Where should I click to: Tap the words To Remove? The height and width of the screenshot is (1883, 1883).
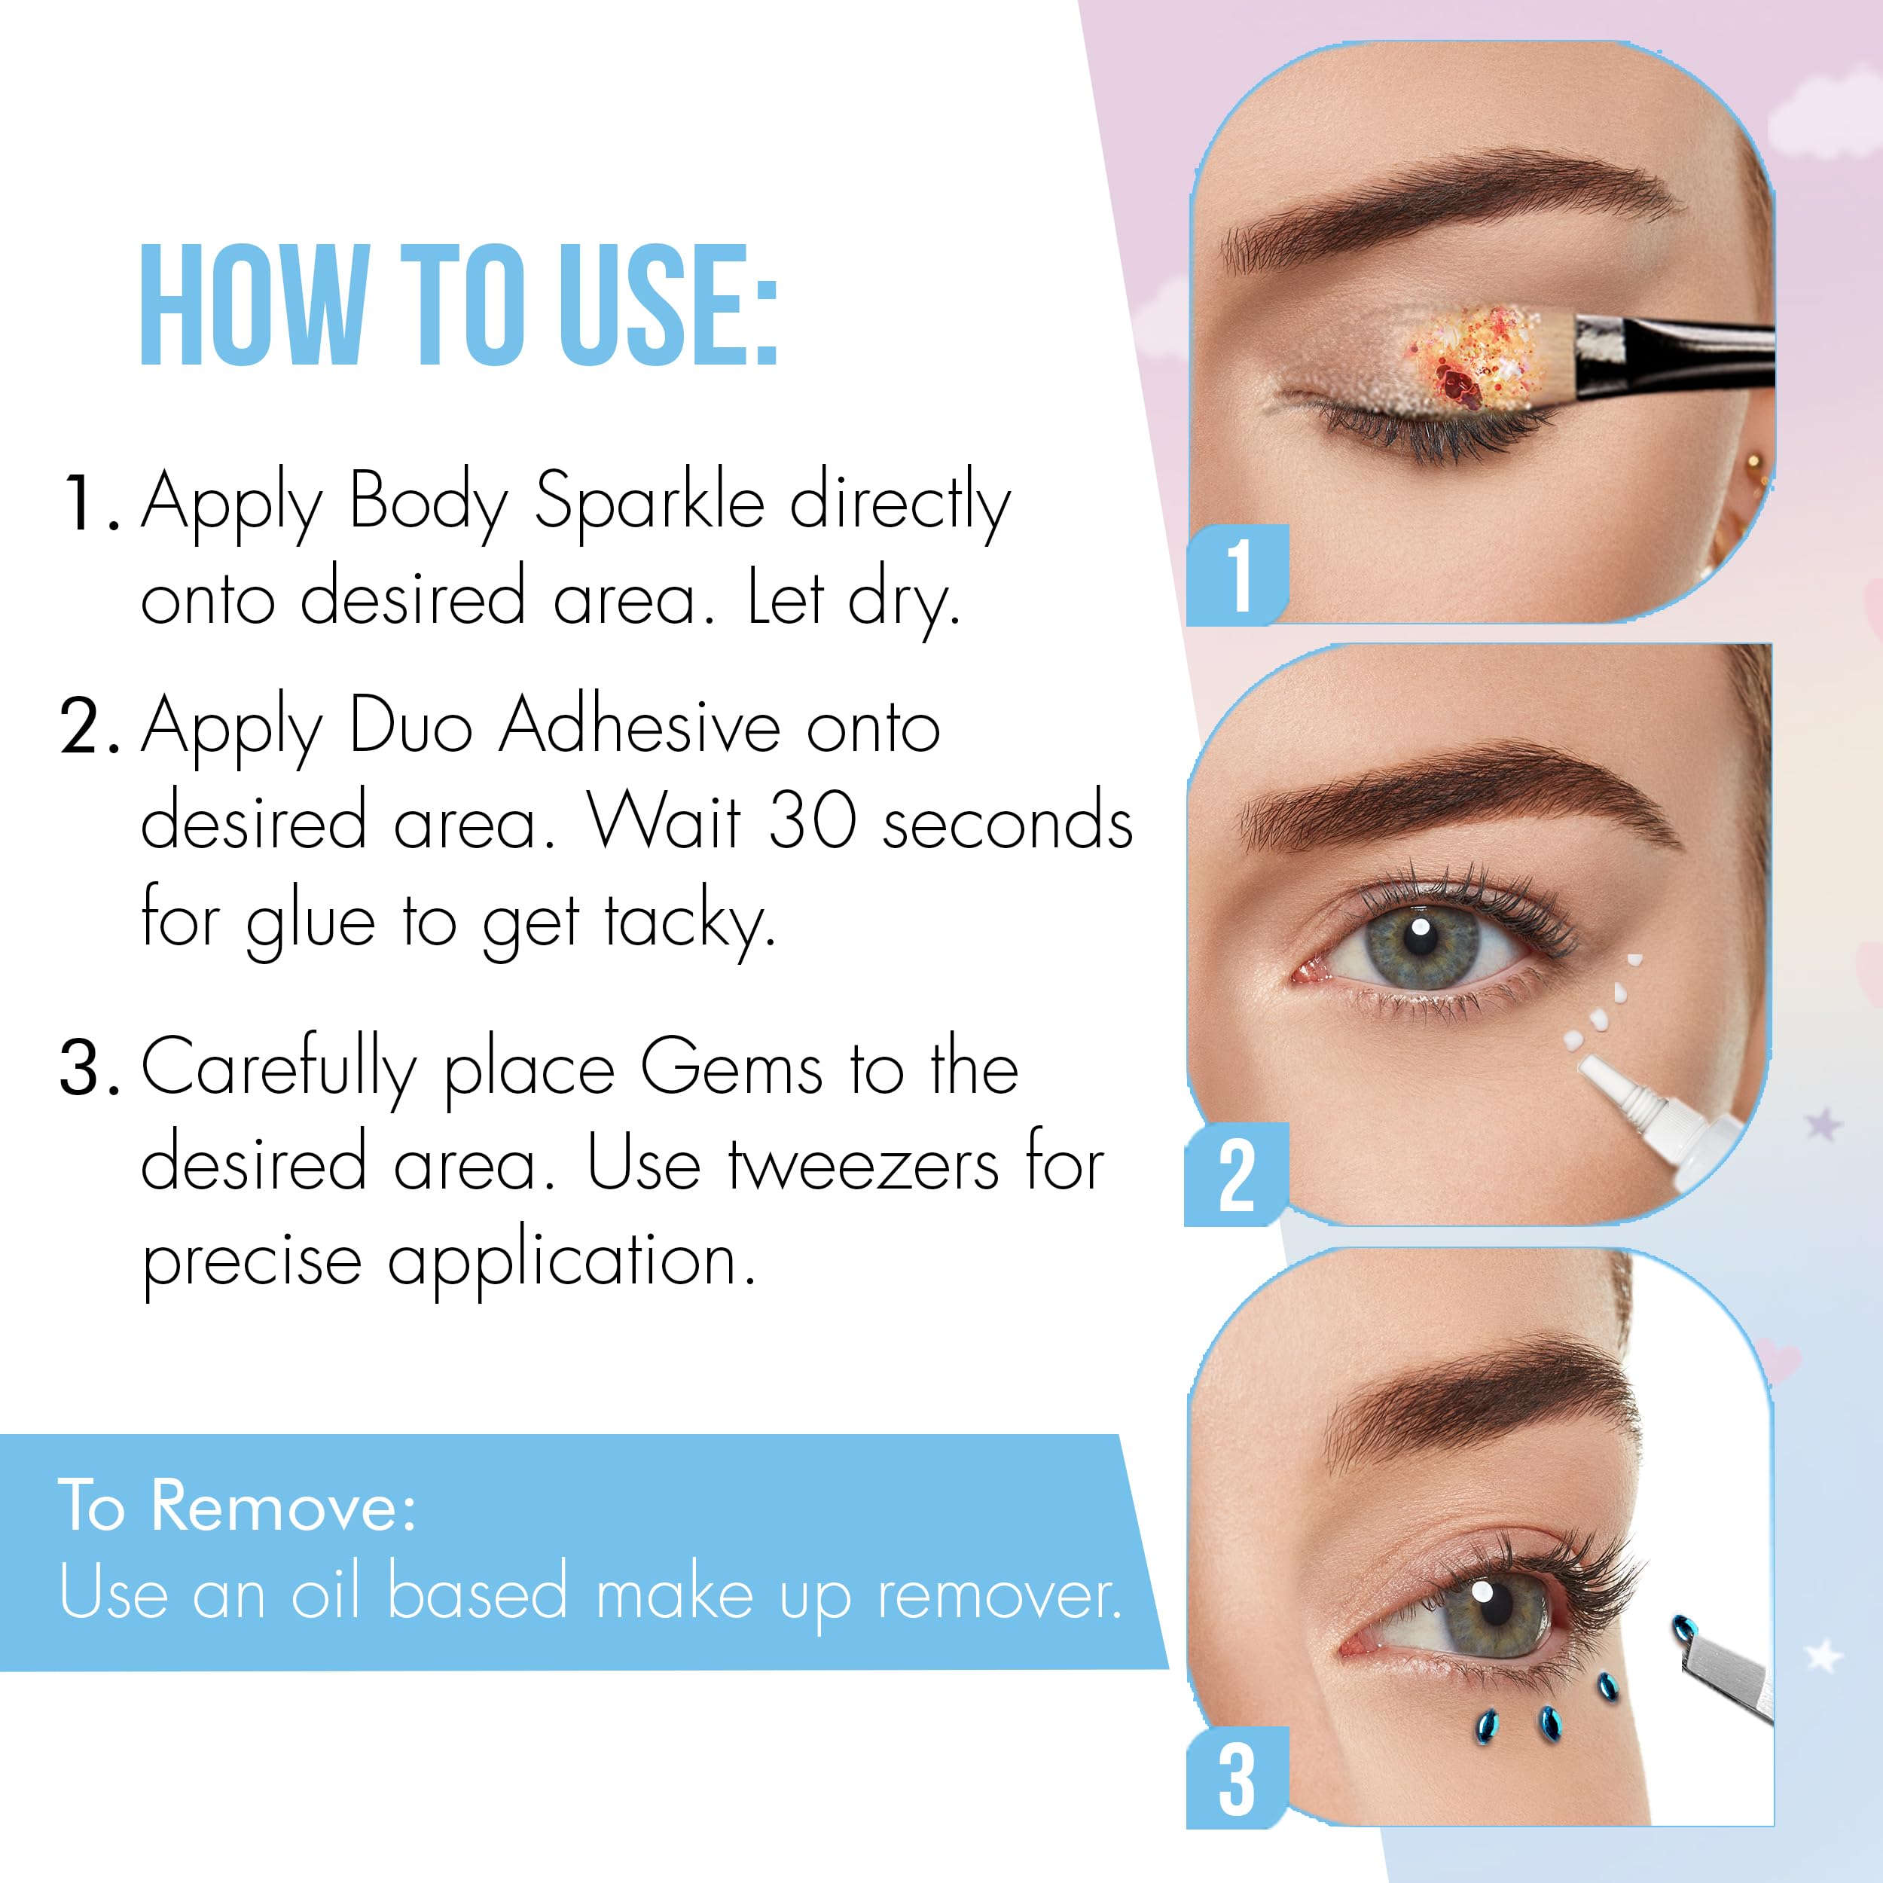(x=238, y=1507)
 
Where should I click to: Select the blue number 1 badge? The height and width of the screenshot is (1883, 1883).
(x=1238, y=575)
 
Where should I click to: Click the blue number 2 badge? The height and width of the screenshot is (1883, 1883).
(x=1236, y=1174)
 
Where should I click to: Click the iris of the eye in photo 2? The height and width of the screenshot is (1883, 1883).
(x=1422, y=944)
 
